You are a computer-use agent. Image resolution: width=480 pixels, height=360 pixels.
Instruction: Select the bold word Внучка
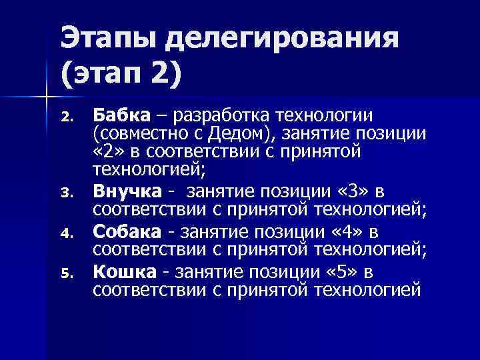(127, 192)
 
